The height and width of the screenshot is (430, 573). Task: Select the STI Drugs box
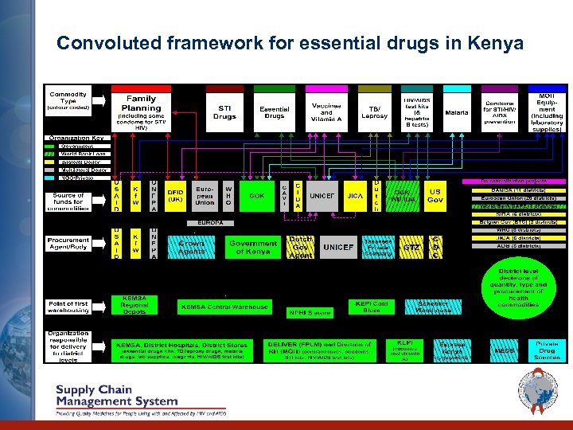pyautogui.click(x=224, y=112)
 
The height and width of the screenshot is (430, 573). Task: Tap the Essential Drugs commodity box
pyautogui.click(x=275, y=112)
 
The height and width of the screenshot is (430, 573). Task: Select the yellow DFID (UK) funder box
pyautogui.click(x=175, y=195)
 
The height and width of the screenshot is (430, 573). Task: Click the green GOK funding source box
pyautogui.click(x=257, y=195)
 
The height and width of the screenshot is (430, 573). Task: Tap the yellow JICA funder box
pyautogui.click(x=356, y=195)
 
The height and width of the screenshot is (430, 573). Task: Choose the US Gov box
pyautogui.click(x=435, y=195)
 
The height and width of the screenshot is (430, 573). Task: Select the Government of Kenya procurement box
pyautogui.click(x=252, y=247)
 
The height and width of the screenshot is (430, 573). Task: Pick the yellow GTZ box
pyautogui.click(x=411, y=248)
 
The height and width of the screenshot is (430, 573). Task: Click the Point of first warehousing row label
pyautogui.click(x=68, y=307)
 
